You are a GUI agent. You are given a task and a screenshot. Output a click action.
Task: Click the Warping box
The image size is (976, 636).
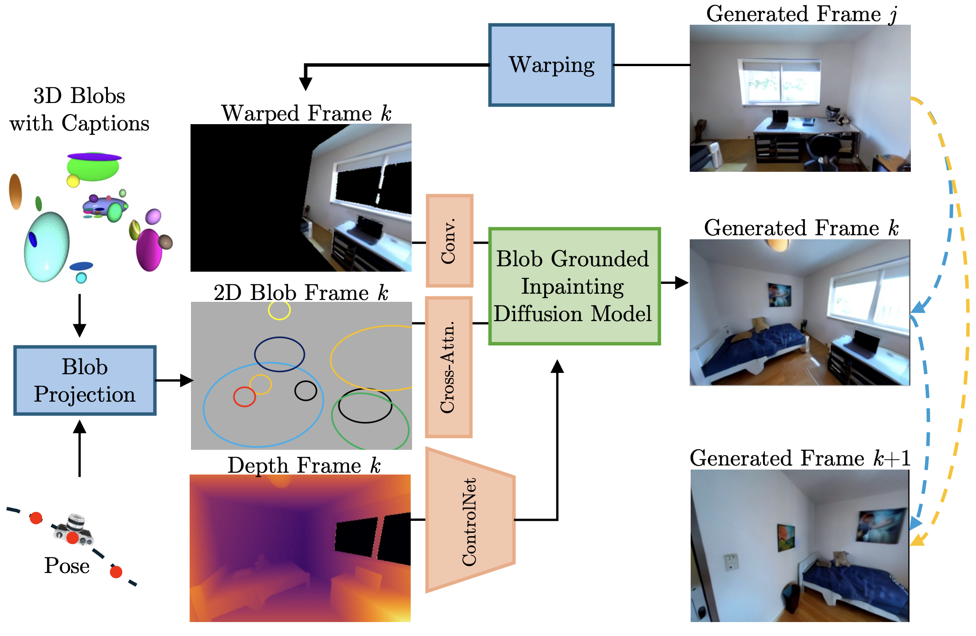551,65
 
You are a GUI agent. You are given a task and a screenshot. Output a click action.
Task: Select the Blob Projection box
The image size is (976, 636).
85,381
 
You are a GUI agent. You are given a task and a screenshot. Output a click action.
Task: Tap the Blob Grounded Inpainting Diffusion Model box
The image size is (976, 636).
574,286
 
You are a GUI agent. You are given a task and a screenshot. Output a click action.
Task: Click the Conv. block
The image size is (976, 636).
449,241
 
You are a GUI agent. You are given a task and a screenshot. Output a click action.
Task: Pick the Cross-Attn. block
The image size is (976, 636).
448,367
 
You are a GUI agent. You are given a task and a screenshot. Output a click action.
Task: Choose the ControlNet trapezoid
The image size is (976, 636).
470,520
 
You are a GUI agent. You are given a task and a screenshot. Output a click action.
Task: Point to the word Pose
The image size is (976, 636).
67,565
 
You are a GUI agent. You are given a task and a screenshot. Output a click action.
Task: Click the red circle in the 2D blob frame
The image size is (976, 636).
244,397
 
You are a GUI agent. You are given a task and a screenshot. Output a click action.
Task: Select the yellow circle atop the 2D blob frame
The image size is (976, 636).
279,310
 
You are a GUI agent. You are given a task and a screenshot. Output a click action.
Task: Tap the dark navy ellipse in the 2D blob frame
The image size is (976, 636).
279,354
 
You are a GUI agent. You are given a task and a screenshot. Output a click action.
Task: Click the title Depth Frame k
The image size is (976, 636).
304,465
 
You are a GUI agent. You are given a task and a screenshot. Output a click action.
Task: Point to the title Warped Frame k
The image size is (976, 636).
306,113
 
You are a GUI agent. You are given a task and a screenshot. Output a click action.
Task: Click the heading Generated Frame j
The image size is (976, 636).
801,14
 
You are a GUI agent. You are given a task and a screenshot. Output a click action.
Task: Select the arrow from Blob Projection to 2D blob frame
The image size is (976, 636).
174,381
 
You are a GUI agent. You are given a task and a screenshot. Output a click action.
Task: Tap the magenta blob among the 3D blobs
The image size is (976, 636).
149,250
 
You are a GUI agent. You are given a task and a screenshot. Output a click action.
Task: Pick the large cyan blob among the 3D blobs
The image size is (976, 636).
47,246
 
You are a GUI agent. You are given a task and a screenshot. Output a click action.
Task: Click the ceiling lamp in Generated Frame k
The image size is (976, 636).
778,245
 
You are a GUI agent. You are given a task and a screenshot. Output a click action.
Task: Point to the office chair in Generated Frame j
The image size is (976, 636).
824,149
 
